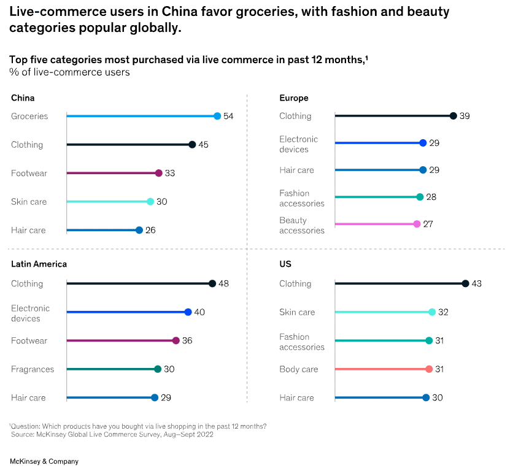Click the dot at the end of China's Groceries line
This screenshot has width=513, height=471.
pos(217,116)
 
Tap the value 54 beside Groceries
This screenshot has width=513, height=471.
pos(228,116)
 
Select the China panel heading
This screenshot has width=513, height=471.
pos(23,98)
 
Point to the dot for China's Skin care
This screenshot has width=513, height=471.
pos(150,201)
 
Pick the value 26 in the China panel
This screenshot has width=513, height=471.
pos(150,230)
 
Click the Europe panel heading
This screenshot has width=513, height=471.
pos(293,98)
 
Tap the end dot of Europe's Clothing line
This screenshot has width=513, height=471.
pos(453,116)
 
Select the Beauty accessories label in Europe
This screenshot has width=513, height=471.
pos(301,225)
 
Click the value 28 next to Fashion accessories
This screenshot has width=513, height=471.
pos(431,197)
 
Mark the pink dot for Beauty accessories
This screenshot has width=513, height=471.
pos(417,224)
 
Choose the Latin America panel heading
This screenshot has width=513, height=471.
pos(39,264)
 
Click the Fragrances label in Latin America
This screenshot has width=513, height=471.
pos(33,369)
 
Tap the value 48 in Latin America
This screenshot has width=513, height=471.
pos(223,283)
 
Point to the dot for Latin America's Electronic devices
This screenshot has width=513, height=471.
pos(188,312)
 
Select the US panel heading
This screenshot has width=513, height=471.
pos(285,264)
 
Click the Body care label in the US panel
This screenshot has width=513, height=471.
pos(298,369)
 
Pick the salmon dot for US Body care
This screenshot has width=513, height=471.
pos(429,369)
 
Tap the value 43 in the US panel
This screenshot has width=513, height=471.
pos(477,283)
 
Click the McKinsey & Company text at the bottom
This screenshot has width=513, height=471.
pos(44,461)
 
